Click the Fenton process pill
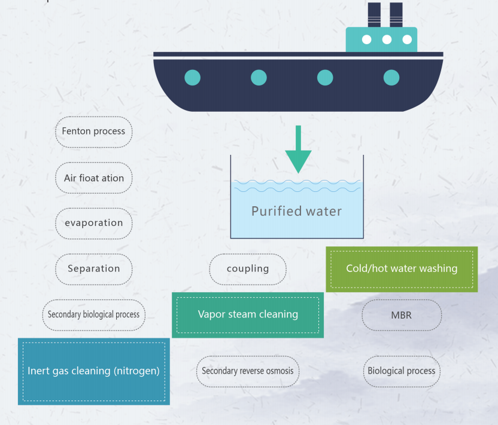(x=93, y=132)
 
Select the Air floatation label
(x=93, y=178)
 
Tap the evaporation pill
(x=93, y=223)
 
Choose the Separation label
(x=93, y=269)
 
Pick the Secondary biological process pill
(x=93, y=314)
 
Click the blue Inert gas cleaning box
(x=93, y=371)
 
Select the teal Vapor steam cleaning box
(x=248, y=314)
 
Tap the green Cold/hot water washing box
(x=402, y=269)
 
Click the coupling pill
(x=248, y=269)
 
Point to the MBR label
(x=402, y=315)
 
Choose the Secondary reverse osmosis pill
(x=248, y=371)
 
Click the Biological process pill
(x=402, y=371)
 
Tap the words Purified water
(x=297, y=211)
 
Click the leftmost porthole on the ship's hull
(x=192, y=77)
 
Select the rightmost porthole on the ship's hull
(x=391, y=77)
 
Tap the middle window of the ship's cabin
(x=387, y=40)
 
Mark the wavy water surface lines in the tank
(x=297, y=186)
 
